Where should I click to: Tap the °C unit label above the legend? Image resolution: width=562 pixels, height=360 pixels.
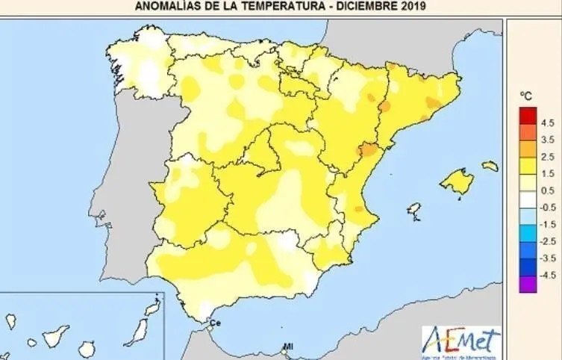click(525, 96)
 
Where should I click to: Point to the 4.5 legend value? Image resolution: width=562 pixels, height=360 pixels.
click(547, 122)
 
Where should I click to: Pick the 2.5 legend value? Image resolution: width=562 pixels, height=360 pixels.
click(547, 156)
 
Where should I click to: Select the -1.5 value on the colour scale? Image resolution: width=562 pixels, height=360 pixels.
click(546, 223)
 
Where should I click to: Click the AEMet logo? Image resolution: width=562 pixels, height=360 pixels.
click(461, 341)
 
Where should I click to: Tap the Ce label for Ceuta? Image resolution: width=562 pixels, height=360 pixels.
click(216, 323)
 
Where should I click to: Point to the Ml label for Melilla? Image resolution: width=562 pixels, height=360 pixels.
click(287, 347)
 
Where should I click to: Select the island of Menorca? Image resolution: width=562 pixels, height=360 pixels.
click(490, 166)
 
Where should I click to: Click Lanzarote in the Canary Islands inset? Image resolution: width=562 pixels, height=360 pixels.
click(152, 307)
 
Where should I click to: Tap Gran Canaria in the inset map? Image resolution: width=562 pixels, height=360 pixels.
click(87, 349)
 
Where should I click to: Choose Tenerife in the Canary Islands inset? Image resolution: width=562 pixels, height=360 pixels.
click(54, 337)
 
